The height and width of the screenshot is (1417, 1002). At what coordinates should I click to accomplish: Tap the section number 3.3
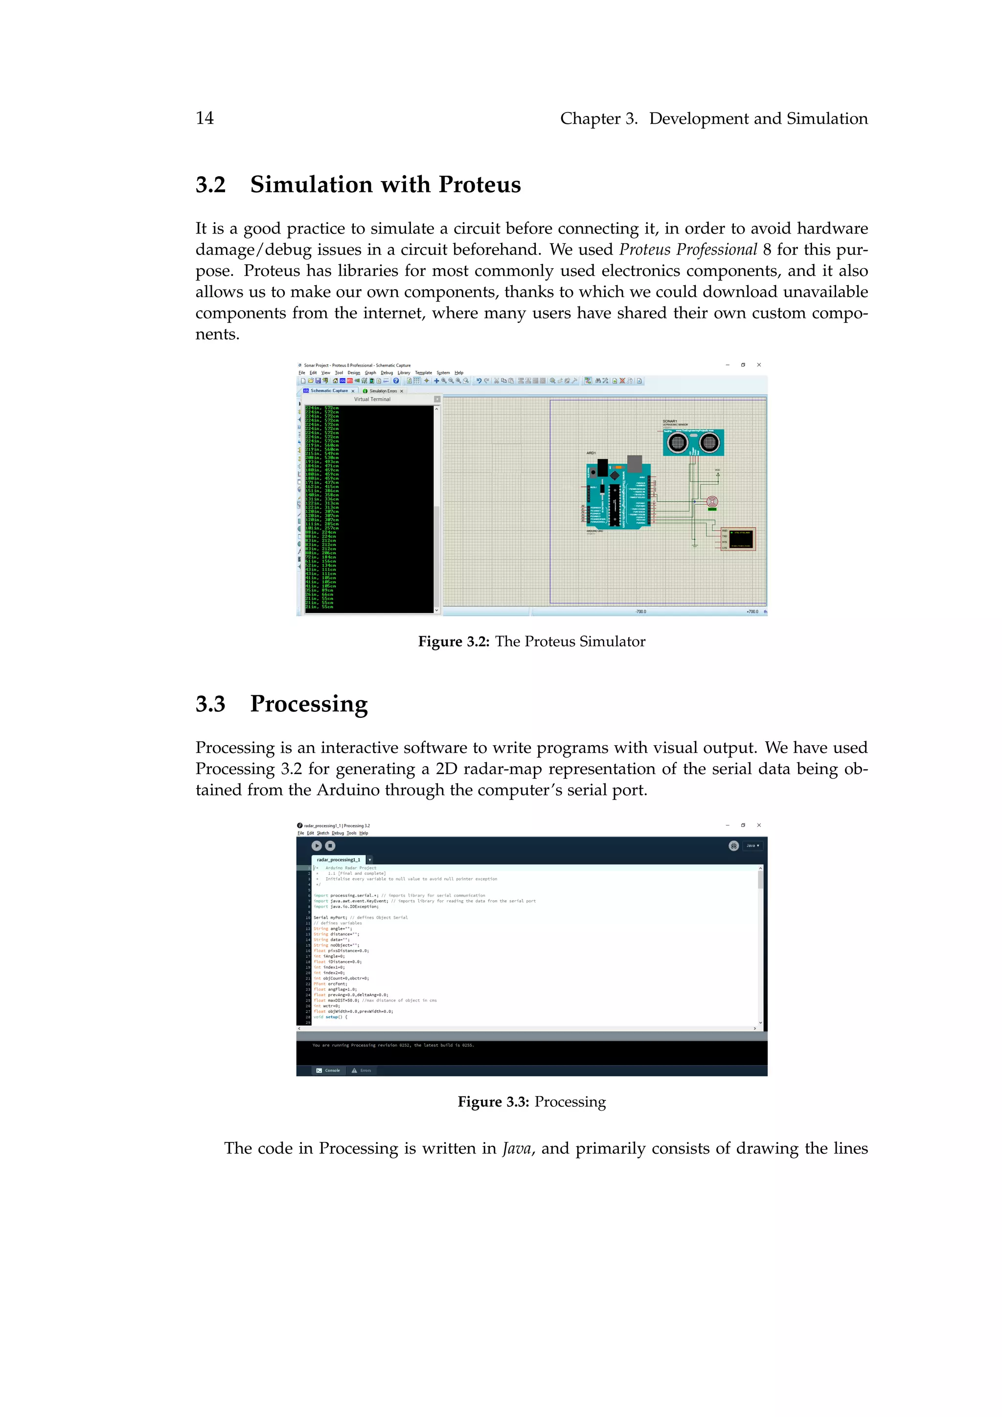(x=210, y=704)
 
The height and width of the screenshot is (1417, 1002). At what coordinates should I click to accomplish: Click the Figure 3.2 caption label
(x=454, y=642)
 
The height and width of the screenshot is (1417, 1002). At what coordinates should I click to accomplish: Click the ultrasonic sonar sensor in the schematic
(x=693, y=442)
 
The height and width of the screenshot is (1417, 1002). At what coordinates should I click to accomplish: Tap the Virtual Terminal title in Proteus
(x=372, y=399)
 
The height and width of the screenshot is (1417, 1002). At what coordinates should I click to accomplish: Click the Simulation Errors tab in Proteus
(x=383, y=390)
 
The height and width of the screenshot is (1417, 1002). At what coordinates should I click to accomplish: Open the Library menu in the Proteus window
(x=404, y=373)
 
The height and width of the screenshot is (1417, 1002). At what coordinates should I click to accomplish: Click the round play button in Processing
(x=317, y=846)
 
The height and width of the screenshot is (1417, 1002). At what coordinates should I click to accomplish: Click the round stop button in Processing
(x=330, y=846)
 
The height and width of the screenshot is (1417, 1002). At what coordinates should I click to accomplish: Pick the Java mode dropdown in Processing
(x=752, y=846)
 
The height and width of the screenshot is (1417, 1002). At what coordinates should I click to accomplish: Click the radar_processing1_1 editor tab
(x=338, y=860)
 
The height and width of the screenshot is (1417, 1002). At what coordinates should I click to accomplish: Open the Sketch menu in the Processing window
(x=323, y=833)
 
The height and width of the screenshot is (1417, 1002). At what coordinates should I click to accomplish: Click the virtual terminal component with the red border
(x=738, y=539)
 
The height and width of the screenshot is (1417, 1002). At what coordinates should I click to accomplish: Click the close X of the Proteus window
(x=759, y=365)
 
